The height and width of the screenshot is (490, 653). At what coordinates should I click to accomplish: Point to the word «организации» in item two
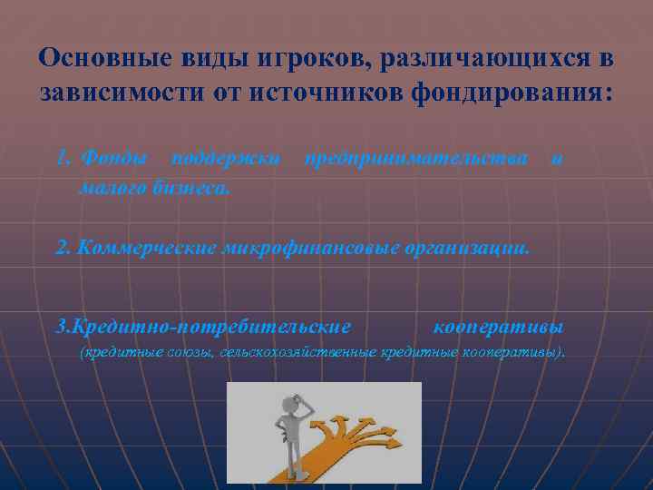point(467,247)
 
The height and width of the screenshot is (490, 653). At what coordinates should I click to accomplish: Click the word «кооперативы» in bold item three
point(498,325)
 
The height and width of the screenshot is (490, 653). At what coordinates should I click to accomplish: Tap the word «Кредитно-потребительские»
point(204,325)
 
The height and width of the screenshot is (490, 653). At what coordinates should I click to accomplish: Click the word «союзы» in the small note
point(188,350)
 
